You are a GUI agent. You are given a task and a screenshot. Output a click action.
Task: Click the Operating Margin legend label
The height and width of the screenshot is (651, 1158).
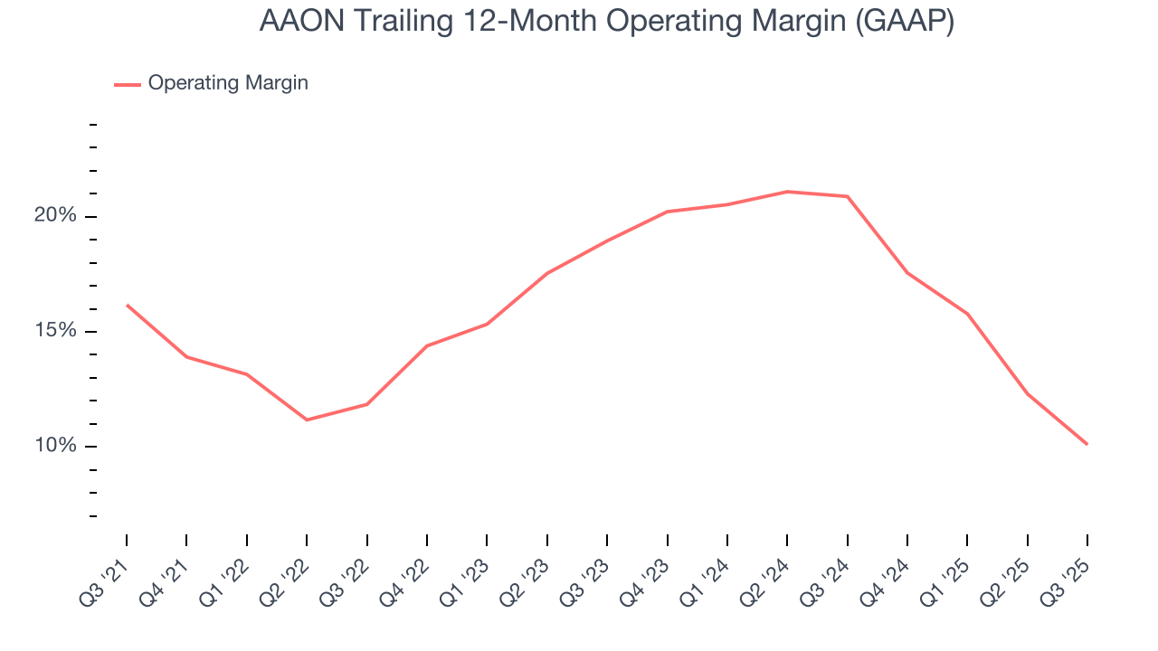click(x=228, y=83)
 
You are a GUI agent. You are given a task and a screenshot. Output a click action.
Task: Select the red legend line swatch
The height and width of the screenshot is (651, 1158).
click(x=128, y=84)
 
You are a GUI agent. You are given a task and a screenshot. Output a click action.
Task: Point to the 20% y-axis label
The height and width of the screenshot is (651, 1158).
click(x=56, y=216)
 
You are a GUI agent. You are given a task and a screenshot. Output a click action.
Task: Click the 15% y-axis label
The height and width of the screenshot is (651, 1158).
click(x=56, y=331)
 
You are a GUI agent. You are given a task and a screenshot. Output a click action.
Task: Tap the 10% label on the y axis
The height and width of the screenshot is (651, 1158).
click(x=56, y=446)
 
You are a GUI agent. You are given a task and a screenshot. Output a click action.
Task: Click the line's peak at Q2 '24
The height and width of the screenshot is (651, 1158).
click(x=787, y=192)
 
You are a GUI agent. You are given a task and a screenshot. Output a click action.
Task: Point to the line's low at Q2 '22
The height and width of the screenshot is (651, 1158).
click(x=307, y=420)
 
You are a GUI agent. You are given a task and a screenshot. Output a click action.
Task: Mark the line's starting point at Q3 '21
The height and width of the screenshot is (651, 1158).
click(x=127, y=305)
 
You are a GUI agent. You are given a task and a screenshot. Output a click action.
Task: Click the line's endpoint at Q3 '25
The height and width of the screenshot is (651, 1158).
click(x=1087, y=444)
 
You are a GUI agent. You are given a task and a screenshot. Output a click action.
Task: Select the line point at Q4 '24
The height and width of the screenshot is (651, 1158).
click(x=907, y=273)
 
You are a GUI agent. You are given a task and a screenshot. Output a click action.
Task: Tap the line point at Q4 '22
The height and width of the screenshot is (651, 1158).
click(x=427, y=345)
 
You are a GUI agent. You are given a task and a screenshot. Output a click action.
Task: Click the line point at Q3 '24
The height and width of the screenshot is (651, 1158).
click(x=848, y=196)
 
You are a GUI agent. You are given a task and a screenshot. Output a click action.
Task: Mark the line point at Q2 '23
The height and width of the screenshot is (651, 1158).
click(x=547, y=273)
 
